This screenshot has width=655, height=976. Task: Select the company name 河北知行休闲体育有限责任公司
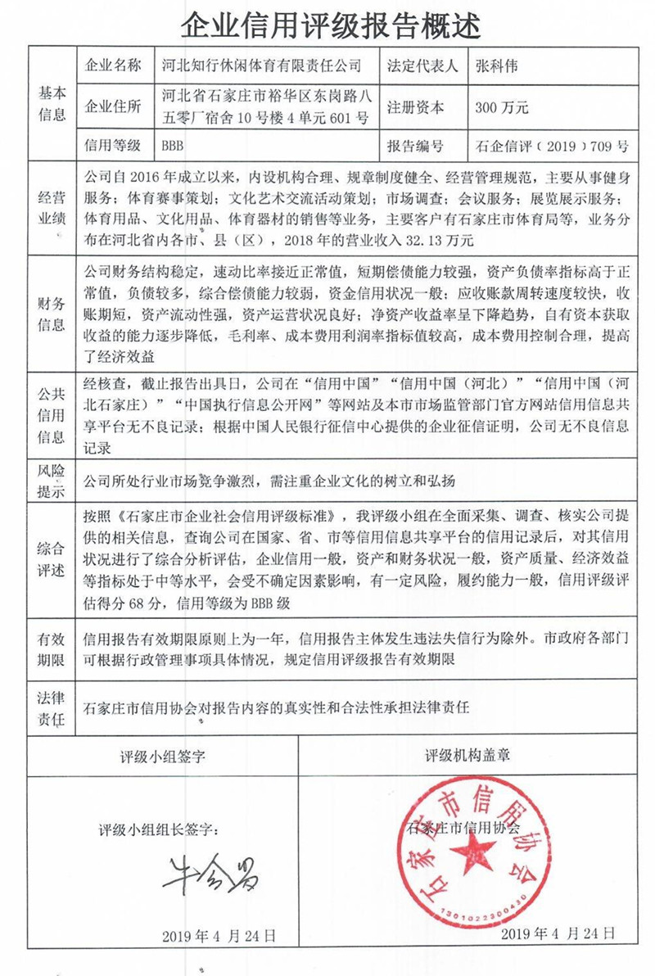coord(262,65)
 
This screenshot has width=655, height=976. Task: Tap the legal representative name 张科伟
coord(496,65)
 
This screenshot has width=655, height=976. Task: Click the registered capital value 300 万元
coord(502,107)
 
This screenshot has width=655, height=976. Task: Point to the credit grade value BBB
coord(173,146)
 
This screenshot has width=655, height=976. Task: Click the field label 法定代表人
coord(424,65)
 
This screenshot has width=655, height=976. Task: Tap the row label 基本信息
coord(52,104)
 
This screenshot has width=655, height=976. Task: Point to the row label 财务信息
coord(52,313)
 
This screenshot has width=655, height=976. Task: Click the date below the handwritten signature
coord(219,934)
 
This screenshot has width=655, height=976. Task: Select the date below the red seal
coord(557,933)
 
